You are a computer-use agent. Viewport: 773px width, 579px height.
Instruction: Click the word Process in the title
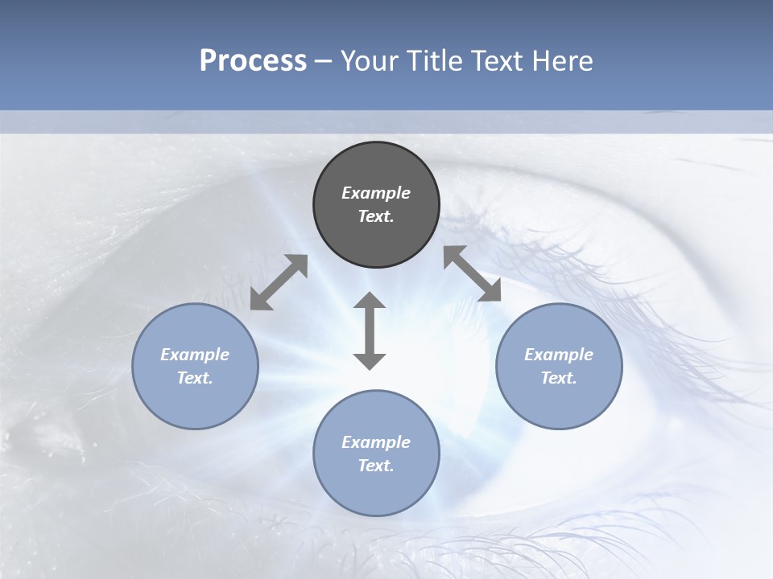[x=253, y=61]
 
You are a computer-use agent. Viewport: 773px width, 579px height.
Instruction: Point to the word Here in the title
[x=564, y=61]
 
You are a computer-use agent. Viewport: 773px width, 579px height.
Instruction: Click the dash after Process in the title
[x=323, y=62]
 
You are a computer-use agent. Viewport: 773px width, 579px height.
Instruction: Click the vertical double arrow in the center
[x=370, y=331]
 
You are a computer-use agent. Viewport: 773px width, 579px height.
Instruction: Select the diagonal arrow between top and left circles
[x=279, y=282]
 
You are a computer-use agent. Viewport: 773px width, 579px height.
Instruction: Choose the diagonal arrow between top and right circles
[x=472, y=273]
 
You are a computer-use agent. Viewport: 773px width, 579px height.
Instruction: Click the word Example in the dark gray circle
[x=376, y=193]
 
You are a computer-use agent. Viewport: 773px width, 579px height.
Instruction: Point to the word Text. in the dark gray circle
[x=376, y=216]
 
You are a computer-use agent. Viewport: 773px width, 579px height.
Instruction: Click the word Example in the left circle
[x=195, y=355]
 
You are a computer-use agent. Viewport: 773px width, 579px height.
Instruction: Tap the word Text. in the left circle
[x=195, y=378]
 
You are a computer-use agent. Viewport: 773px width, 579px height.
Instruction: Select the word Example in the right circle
[x=559, y=355]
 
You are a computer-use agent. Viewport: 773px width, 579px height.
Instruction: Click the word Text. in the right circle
[x=559, y=378]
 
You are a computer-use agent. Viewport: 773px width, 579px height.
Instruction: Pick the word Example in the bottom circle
[x=376, y=442]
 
